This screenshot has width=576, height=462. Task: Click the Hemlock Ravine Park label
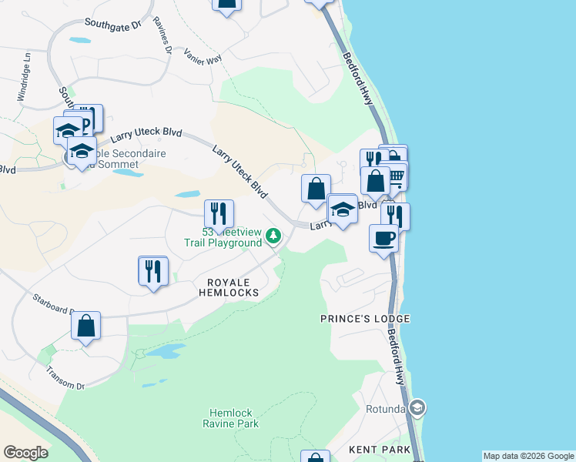pyautogui.click(x=231, y=418)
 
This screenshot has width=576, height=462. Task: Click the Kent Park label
pyautogui.click(x=373, y=449)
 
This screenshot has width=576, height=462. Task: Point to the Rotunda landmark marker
pyautogui.click(x=417, y=407)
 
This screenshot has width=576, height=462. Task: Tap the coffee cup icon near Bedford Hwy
pyautogui.click(x=383, y=238)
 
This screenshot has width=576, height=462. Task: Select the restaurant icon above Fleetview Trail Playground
pyautogui.click(x=219, y=213)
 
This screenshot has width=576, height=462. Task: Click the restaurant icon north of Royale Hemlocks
pyautogui.click(x=152, y=270)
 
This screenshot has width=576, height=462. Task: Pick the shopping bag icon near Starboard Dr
pyautogui.click(x=85, y=326)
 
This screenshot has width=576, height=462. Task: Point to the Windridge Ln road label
pyautogui.click(x=22, y=77)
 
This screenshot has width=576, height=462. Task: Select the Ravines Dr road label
pyautogui.click(x=162, y=35)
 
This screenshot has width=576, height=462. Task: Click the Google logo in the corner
pyautogui.click(x=25, y=453)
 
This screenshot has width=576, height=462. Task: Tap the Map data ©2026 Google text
pyautogui.click(x=527, y=456)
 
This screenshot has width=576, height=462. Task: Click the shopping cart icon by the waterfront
pyautogui.click(x=397, y=176)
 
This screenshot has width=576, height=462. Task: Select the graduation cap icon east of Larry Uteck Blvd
pyautogui.click(x=343, y=209)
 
